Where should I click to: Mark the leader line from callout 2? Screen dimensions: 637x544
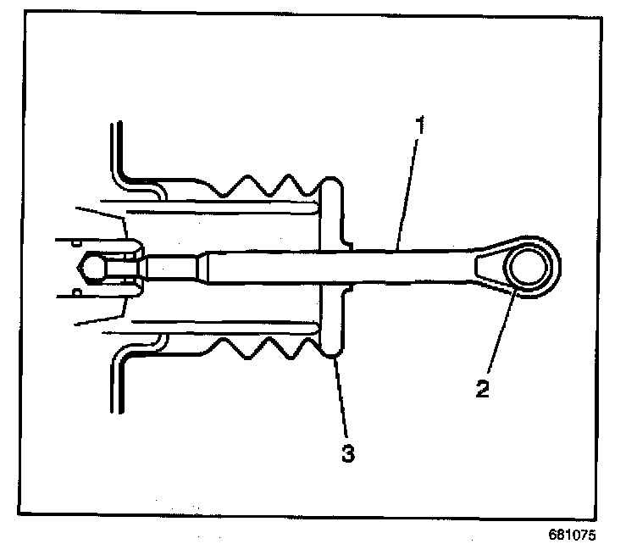[503, 339]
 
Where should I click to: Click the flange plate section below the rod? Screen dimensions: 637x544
[332, 326]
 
